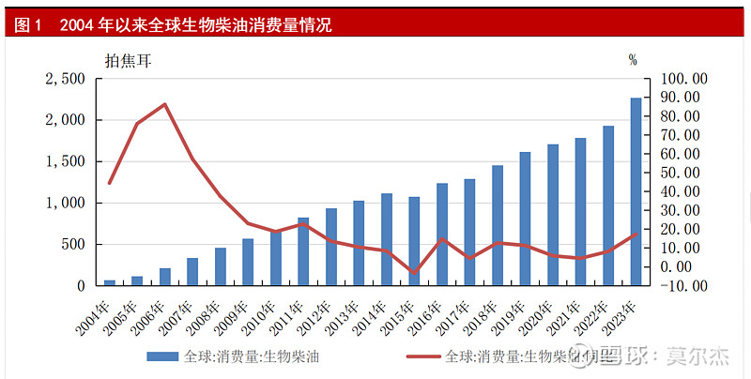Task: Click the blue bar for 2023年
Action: pos(636,190)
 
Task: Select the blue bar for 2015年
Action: pos(414,240)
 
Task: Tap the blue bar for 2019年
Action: pos(525,218)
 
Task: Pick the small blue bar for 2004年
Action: pos(110,281)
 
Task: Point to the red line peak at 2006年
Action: pos(165,104)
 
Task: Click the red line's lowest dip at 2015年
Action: pos(414,273)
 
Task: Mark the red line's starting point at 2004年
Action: pos(110,183)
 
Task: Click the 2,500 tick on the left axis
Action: pos(65,79)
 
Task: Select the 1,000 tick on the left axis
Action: pos(65,203)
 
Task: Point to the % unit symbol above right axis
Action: pos(633,61)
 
